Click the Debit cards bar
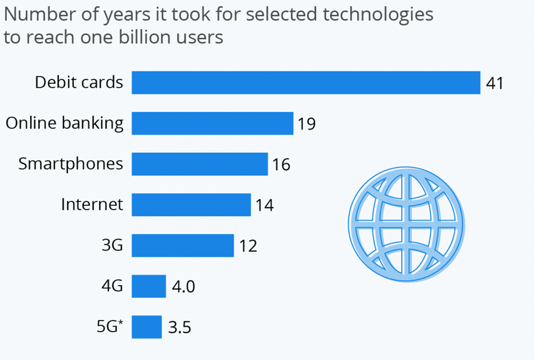[306, 82]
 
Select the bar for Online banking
[212, 123]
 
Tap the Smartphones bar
[200, 164]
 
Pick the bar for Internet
[191, 205]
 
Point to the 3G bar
[183, 245]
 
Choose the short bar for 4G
[148, 286]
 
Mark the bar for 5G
[147, 327]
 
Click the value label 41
[494, 83]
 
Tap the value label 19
[306, 124]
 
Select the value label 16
[281, 165]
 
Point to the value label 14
[264, 205]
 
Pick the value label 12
[248, 246]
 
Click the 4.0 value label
[183, 286]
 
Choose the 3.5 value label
[179, 328]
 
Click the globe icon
[406, 224]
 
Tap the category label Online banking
[64, 123]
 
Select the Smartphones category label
[71, 164]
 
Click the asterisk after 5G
[120, 323]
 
